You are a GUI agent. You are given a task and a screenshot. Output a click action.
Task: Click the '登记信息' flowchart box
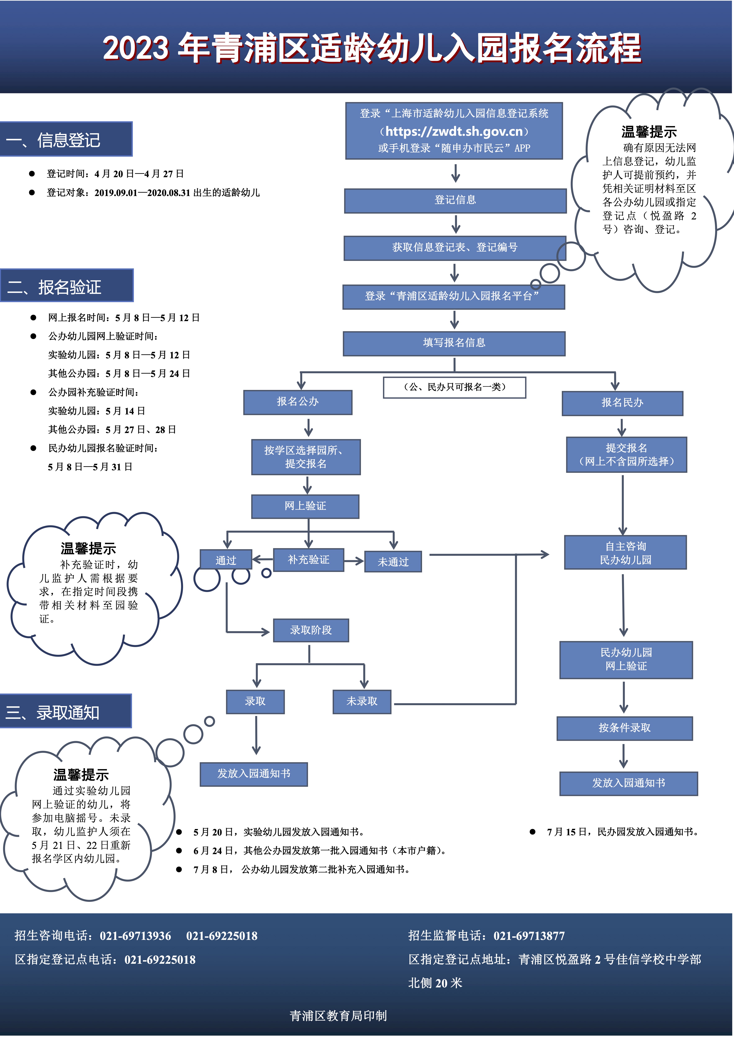[455, 200]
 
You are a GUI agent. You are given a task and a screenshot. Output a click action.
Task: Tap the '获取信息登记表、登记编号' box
[454, 248]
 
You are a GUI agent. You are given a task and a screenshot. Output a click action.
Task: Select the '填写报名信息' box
[454, 343]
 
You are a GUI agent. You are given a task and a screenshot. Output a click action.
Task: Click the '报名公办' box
[298, 402]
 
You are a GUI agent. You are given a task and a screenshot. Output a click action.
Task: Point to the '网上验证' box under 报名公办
[305, 506]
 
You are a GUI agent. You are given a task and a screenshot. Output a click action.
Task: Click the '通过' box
[226, 561]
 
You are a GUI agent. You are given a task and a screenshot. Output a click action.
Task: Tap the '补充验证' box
[308, 560]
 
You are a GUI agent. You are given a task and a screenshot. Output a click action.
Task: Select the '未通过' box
[393, 562]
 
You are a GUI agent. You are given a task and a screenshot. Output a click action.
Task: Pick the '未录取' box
[362, 702]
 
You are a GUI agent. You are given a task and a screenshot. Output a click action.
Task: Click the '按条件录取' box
[625, 728]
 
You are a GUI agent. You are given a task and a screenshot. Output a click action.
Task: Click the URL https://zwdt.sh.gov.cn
[454, 132]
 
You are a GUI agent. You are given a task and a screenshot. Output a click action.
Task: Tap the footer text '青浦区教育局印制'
[338, 1016]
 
